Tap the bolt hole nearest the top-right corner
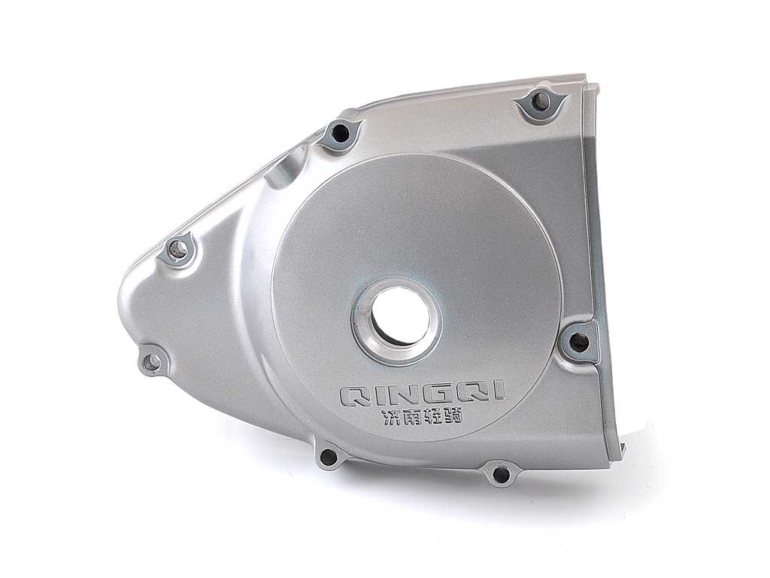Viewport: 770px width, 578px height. pos(541,102)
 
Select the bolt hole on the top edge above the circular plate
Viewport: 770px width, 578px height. pos(340,132)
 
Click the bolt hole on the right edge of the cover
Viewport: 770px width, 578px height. pos(580,340)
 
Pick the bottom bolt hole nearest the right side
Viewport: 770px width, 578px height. pos(500,473)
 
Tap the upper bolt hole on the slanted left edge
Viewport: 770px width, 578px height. pos(178,250)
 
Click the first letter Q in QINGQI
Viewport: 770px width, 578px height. pos(353,396)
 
